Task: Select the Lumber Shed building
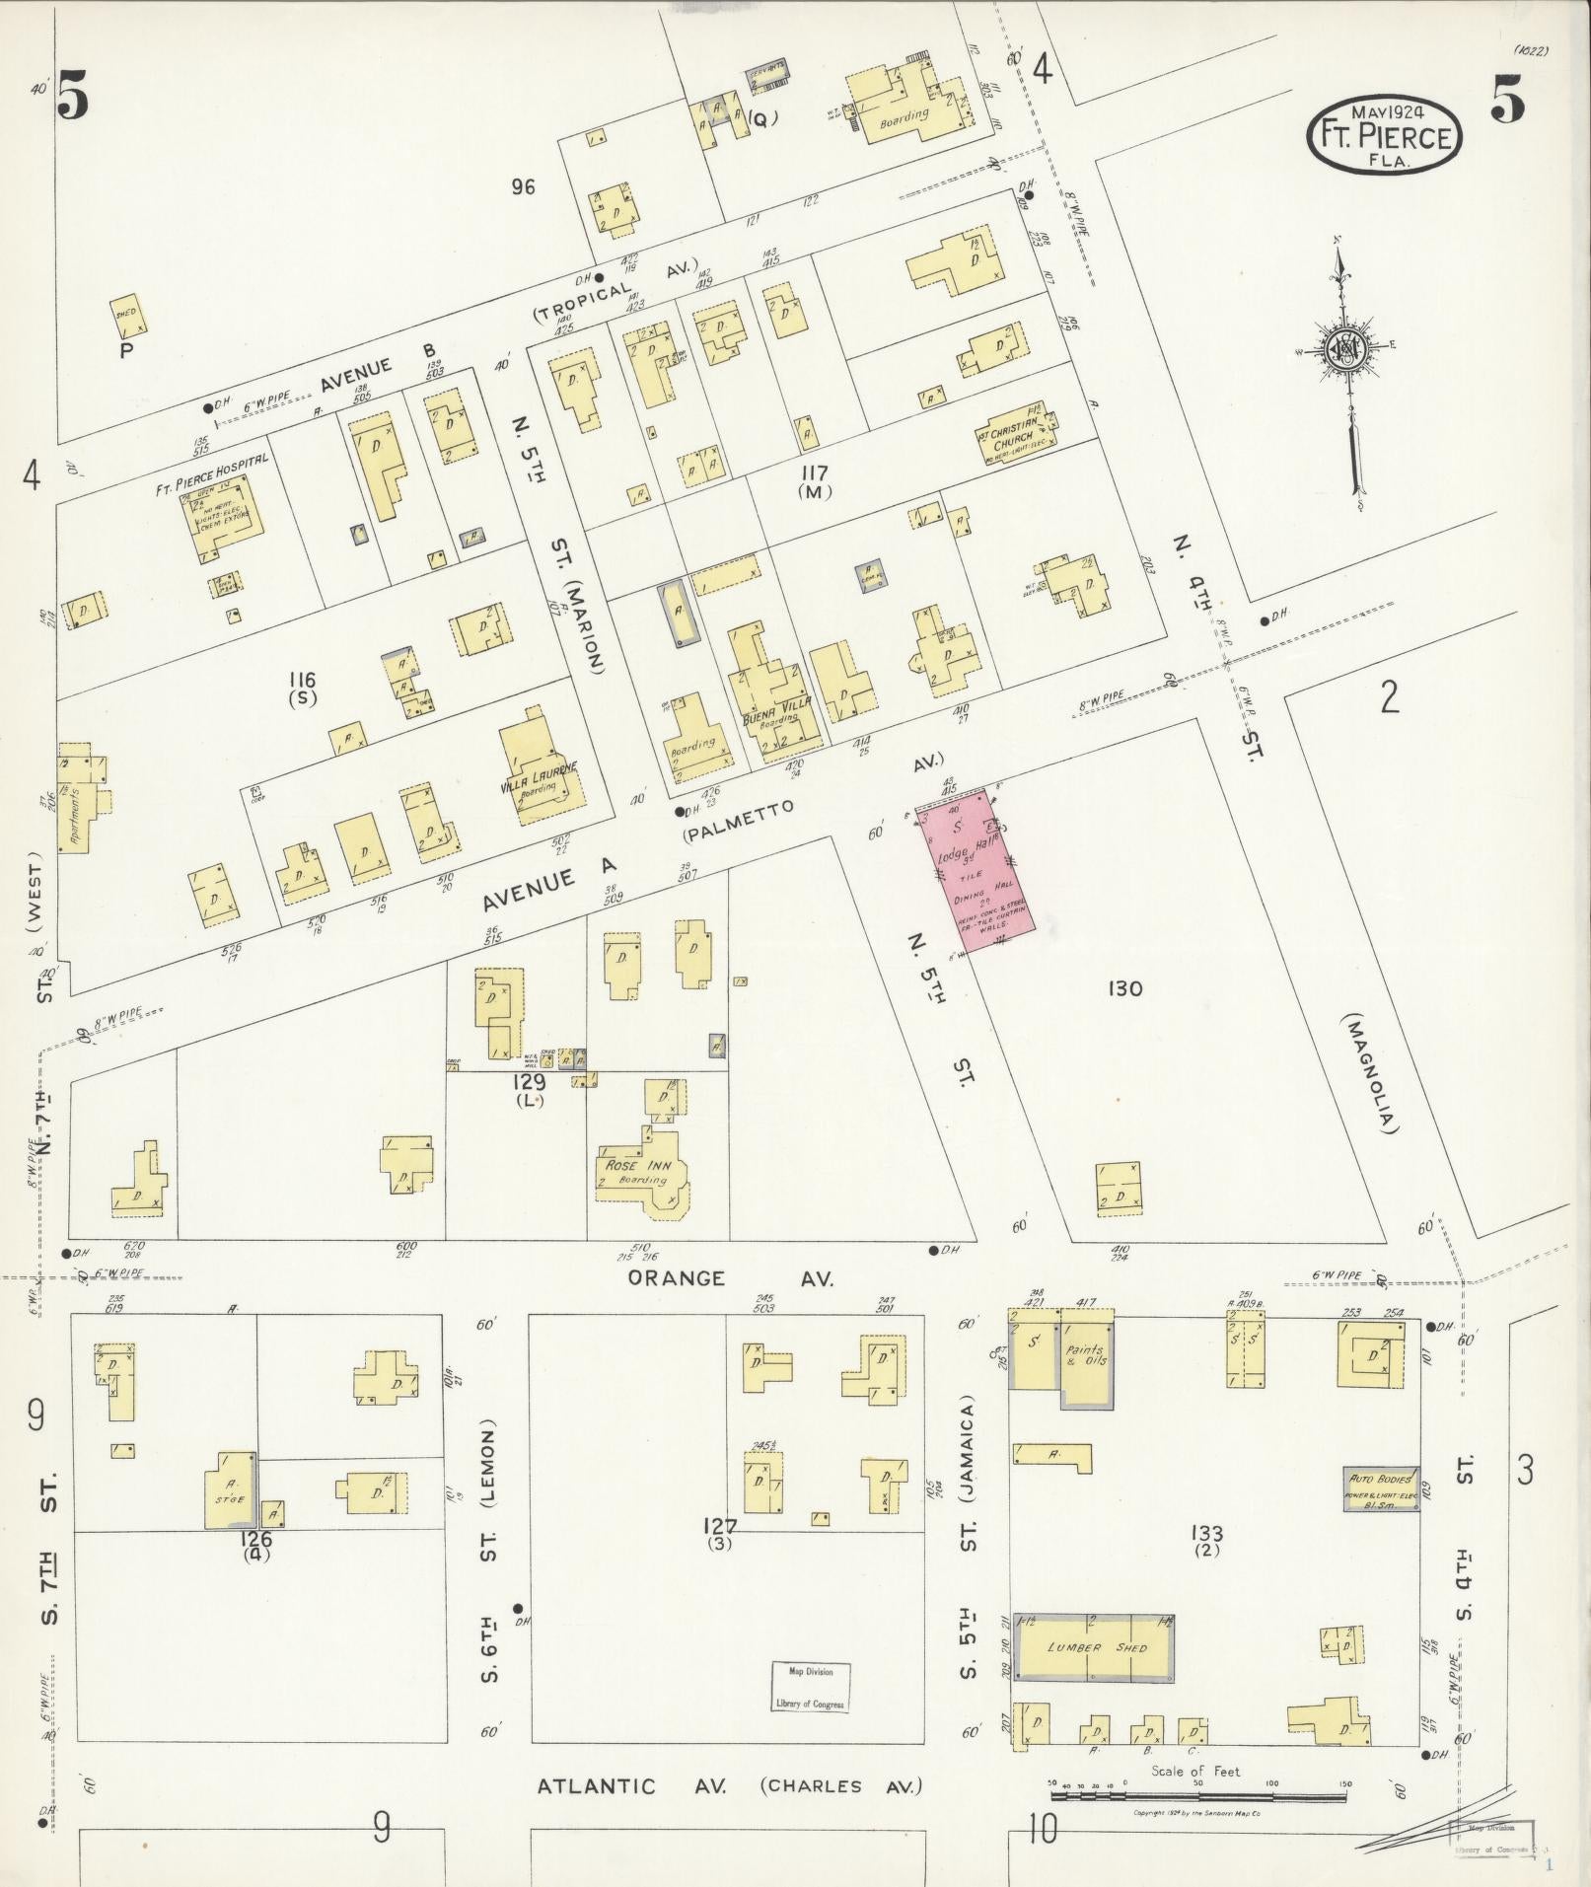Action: [x=1094, y=1648]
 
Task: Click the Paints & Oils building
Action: [x=1086, y=1356]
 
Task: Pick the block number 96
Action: [x=523, y=185]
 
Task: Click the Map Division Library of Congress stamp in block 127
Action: [x=809, y=1688]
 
